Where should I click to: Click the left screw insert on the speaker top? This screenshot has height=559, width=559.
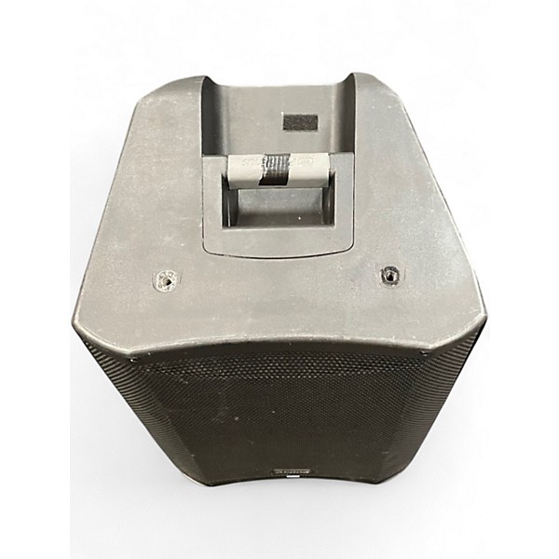point(169,277)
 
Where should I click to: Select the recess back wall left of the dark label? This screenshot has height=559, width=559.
point(247,116)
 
